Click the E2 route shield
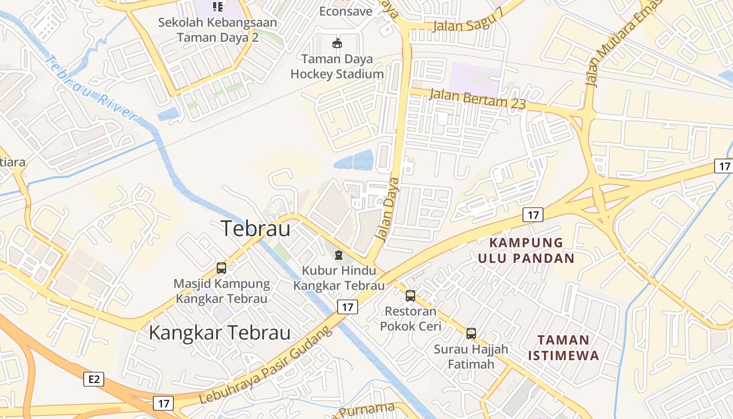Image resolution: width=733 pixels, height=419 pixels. click(x=94, y=379)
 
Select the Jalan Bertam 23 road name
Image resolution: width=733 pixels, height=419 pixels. click(x=477, y=98)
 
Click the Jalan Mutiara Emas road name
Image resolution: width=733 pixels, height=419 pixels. click(x=615, y=47)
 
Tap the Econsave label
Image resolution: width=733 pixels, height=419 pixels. click(x=346, y=11)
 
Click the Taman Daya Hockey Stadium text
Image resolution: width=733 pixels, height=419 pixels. click(x=337, y=67)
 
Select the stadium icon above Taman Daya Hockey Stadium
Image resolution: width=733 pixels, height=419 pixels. click(x=337, y=43)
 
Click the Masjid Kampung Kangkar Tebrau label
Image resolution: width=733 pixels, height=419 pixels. click(x=221, y=291)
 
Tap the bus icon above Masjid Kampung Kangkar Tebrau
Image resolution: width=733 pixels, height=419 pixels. click(x=221, y=268)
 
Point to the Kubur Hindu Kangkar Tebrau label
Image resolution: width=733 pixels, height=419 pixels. click(x=339, y=278)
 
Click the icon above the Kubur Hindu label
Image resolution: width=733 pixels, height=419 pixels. click(x=339, y=255)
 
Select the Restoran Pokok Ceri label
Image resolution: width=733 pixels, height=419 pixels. click(x=410, y=318)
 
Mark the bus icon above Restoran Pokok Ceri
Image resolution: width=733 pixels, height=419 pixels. click(x=410, y=296)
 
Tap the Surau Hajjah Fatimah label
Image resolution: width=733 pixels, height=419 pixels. click(x=471, y=356)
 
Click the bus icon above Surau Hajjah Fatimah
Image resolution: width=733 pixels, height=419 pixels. click(x=471, y=333)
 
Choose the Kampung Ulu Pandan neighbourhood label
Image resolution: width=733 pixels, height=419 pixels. click(x=526, y=250)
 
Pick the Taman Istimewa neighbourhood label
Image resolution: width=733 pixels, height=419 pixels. click(x=563, y=347)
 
